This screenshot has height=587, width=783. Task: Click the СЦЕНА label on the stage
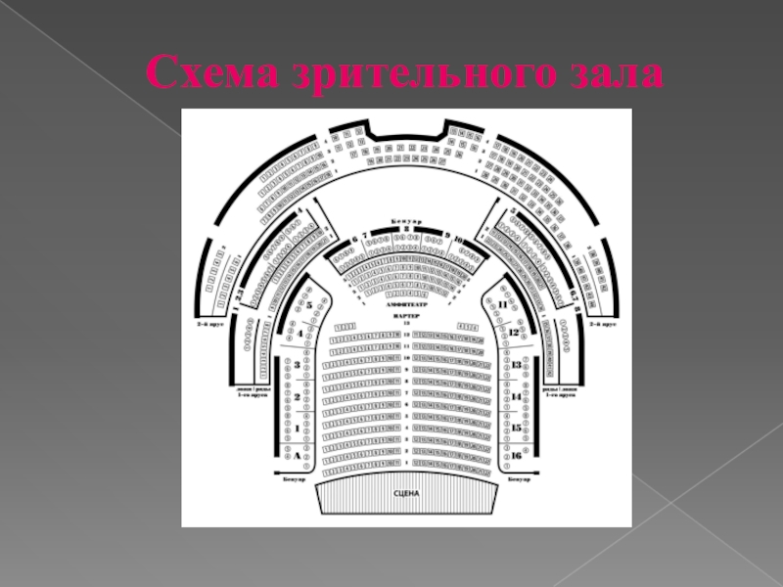(406, 494)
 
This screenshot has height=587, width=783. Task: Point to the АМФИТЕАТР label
(405, 305)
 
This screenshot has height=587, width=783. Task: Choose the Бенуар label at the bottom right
(520, 479)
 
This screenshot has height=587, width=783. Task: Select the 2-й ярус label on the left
(209, 323)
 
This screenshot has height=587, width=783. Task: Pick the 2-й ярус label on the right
(600, 323)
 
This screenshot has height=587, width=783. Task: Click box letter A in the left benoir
(296, 456)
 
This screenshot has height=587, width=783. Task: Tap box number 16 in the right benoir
(517, 456)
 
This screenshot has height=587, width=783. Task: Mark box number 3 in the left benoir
(296, 365)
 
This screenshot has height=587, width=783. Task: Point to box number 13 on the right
(517, 365)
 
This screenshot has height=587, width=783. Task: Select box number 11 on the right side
(503, 305)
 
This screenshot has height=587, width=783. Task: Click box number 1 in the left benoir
(296, 429)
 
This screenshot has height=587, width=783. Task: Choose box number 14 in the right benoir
(517, 397)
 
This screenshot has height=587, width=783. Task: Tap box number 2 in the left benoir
(296, 397)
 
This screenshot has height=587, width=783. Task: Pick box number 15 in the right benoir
(517, 429)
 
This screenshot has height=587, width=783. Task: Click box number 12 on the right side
(513, 333)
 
